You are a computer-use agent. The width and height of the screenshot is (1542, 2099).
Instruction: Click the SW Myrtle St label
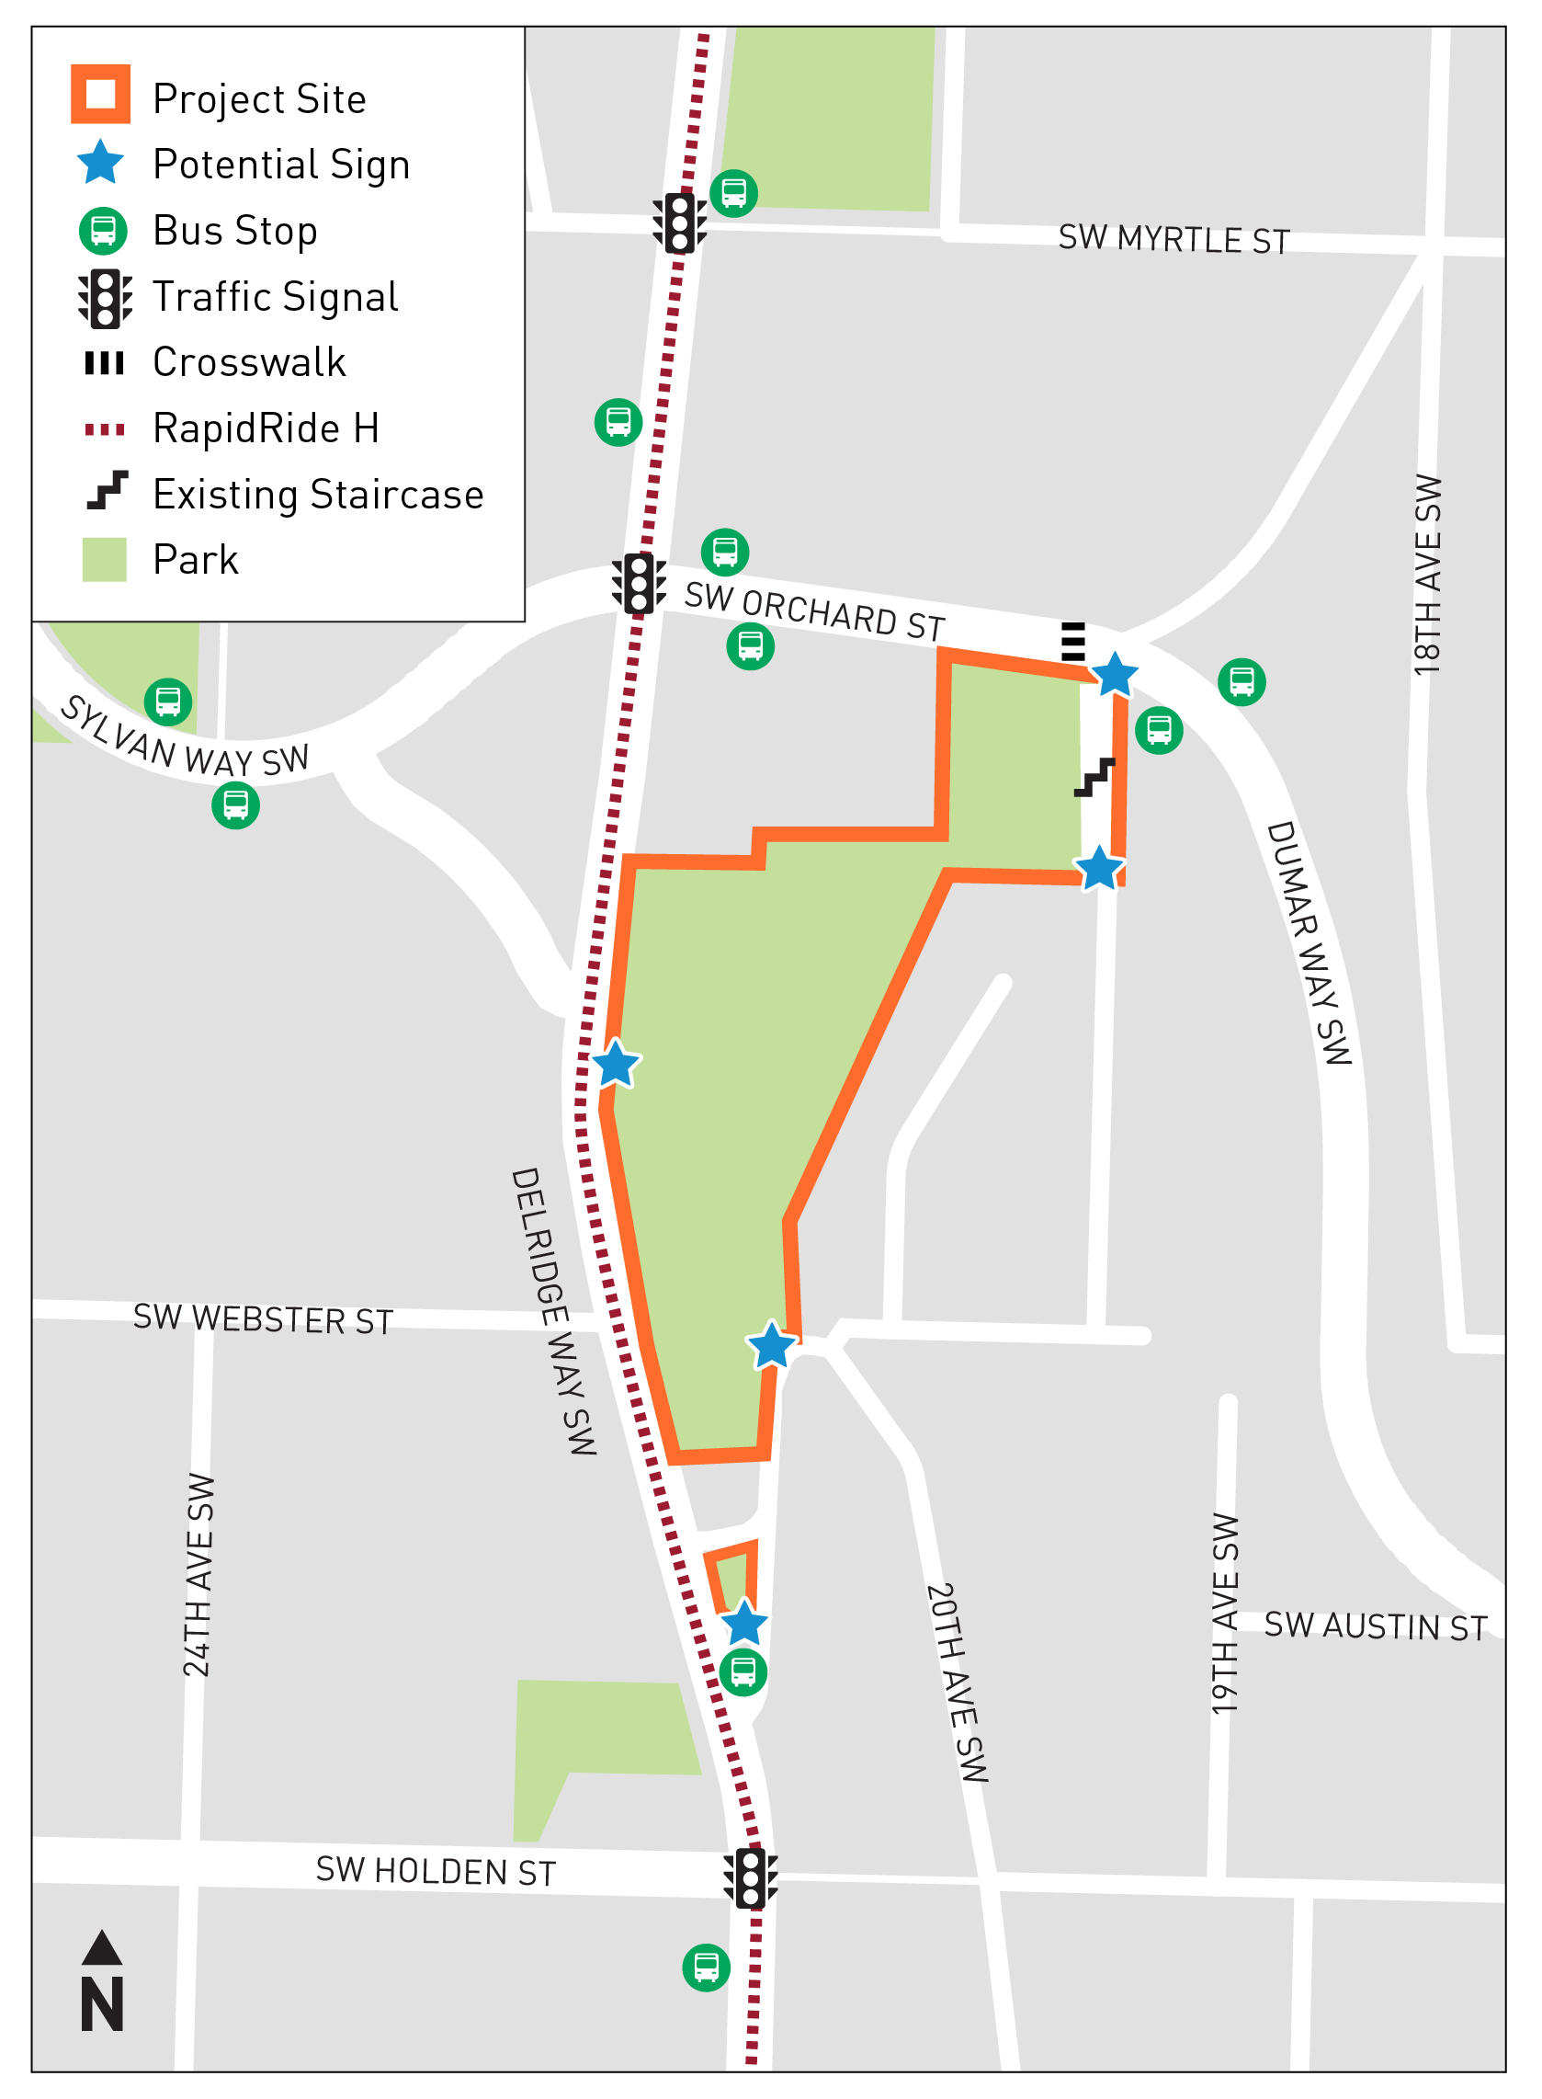(1174, 240)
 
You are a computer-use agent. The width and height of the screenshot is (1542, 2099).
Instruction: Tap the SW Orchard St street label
(814, 612)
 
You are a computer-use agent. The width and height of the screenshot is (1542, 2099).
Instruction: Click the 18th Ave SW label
(1427, 575)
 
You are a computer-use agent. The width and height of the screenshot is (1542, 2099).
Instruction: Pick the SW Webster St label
(262, 1318)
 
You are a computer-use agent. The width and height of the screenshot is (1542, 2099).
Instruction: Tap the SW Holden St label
(435, 1871)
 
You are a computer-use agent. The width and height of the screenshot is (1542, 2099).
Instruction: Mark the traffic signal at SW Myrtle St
(679, 223)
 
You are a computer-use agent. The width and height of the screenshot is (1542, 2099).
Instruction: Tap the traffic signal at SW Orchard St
(639, 584)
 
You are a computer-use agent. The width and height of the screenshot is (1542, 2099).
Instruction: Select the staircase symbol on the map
(1094, 777)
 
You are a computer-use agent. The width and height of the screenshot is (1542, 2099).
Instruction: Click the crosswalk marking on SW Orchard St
(1073, 642)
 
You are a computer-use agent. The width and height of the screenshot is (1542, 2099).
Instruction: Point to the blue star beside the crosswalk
(1115, 675)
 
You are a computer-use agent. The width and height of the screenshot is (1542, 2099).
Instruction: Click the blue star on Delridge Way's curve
(615, 1064)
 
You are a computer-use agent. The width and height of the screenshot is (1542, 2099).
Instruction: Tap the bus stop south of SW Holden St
(706, 1968)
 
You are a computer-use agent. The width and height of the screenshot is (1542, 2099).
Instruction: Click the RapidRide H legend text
(266, 428)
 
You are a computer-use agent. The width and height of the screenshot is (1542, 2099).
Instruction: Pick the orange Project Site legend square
(101, 95)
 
